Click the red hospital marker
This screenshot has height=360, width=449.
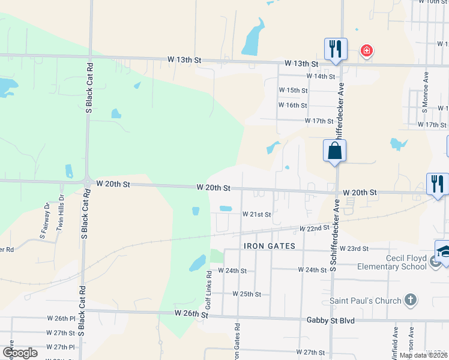coord(366,51)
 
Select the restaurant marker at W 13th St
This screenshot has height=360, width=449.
coord(335,49)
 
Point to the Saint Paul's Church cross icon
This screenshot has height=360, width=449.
coord(410,300)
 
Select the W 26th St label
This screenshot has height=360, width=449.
coord(191,314)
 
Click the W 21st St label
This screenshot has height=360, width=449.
coord(257,214)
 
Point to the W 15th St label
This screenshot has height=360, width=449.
coord(293,90)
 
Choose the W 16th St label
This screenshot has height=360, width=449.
coord(293,105)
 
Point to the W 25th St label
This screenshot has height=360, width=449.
coord(246,294)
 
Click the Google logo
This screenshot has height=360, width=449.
coord(20,353)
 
